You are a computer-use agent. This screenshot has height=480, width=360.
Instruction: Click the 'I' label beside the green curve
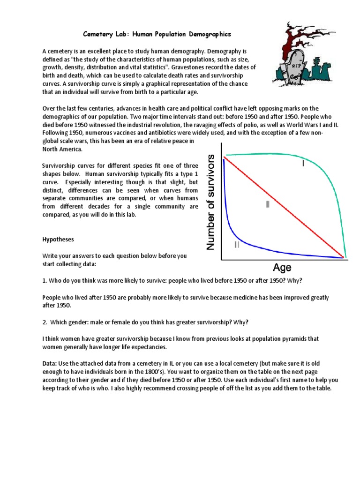tap(303, 164)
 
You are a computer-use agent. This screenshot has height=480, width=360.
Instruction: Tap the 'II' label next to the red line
tap(268, 204)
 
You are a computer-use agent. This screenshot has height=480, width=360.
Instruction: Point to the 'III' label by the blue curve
tap(237, 244)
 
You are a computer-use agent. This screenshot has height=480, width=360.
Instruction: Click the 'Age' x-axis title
tap(282, 268)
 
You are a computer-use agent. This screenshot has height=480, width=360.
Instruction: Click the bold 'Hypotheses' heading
tap(58, 240)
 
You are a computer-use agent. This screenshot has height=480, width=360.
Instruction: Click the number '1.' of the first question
tap(45, 280)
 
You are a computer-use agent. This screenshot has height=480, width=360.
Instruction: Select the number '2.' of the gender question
tap(45, 322)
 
